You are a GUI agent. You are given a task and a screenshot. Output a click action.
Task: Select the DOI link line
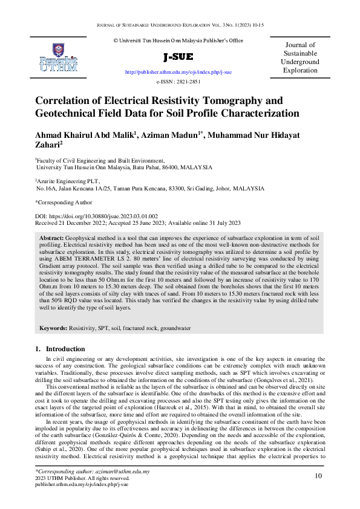[96, 216]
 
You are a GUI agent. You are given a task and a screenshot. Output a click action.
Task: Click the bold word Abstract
[51, 239]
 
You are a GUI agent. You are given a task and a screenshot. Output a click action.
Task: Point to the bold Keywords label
[53, 328]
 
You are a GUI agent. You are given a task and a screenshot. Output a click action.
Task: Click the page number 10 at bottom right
[318, 476]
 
